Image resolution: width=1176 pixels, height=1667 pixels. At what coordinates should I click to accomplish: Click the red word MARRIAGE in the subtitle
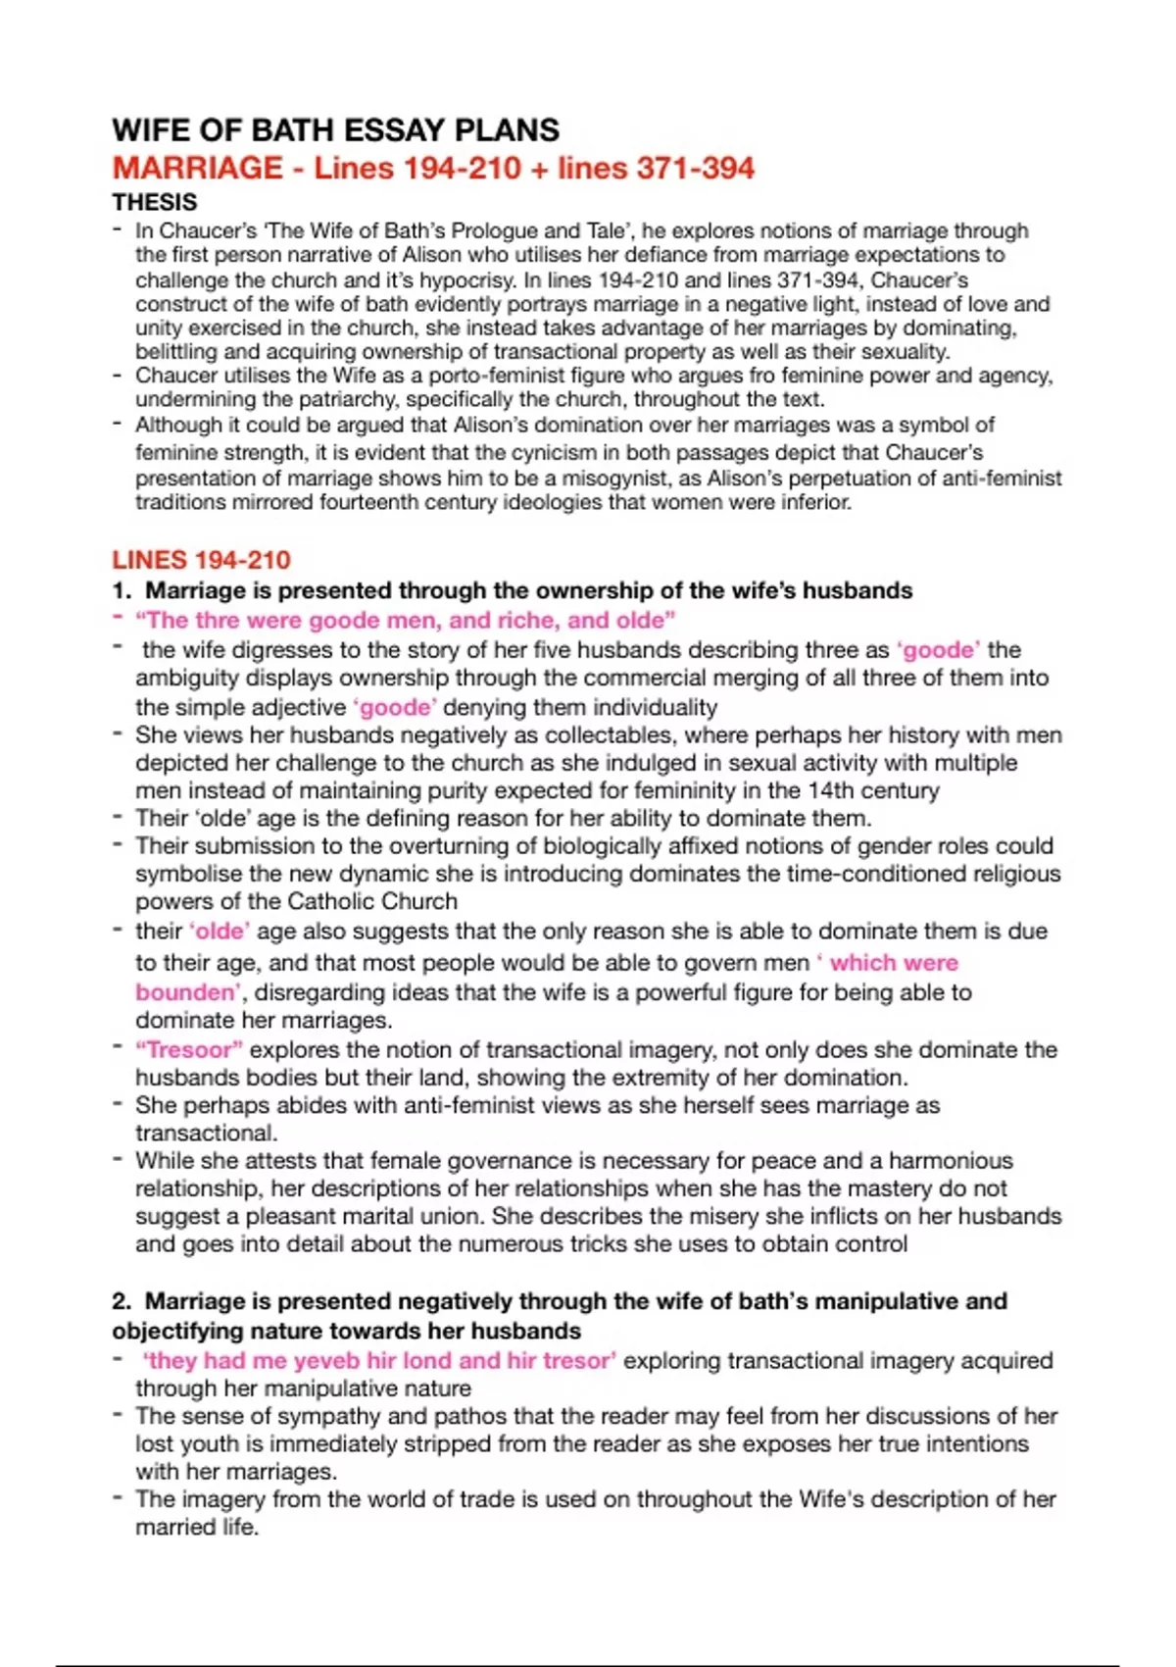pos(197,168)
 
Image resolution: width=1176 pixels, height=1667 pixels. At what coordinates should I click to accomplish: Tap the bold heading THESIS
pos(155,202)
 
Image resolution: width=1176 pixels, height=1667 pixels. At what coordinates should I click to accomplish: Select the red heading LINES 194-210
pos(201,560)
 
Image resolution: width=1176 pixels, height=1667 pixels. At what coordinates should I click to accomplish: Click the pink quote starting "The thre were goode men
pos(405,620)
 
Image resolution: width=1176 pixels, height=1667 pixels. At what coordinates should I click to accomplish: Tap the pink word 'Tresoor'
pos(189,1049)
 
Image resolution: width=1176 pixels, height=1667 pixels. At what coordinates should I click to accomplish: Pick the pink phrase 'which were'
pos(893,963)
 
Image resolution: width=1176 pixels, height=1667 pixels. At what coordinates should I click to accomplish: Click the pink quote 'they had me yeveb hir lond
pos(379,1360)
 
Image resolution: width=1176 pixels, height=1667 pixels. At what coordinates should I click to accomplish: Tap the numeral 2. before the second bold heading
pos(122,1301)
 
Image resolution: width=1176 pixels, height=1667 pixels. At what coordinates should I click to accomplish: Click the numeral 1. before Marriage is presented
pos(122,590)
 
